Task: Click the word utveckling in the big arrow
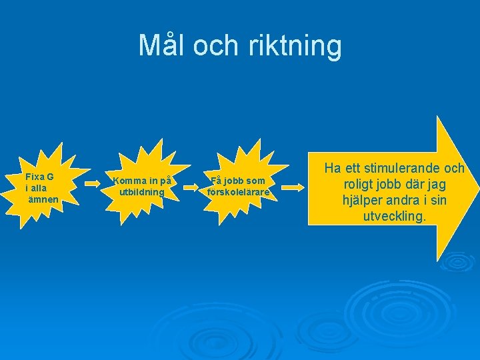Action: point(394,216)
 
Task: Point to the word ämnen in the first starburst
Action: point(42,199)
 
